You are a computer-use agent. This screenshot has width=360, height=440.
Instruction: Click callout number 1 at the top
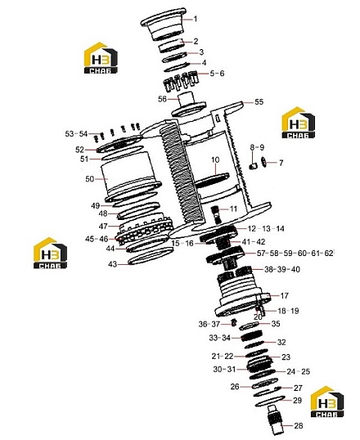click(196, 19)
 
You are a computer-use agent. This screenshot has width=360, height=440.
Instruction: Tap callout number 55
click(259, 102)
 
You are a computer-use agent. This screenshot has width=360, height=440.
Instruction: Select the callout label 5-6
click(218, 74)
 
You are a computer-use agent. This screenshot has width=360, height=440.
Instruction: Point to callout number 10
click(215, 160)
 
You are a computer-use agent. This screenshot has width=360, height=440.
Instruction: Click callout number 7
click(281, 163)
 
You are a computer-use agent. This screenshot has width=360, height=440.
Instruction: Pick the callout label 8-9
click(257, 147)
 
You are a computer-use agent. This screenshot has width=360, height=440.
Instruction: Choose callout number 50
click(90, 179)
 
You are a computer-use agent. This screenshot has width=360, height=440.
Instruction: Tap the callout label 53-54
click(76, 134)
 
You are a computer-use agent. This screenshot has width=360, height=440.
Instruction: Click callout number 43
click(113, 264)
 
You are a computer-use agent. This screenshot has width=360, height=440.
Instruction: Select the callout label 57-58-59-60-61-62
click(295, 253)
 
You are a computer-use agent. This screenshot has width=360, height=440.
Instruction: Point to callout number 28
click(298, 426)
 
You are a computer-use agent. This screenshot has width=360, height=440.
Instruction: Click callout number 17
click(284, 295)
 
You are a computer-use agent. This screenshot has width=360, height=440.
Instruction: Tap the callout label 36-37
click(209, 324)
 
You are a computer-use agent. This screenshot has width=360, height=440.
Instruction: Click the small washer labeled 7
click(263, 161)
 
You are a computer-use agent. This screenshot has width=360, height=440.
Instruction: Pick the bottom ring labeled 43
click(151, 257)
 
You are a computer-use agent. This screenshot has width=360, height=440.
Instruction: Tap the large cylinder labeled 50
click(132, 177)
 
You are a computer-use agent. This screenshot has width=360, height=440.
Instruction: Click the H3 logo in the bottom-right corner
click(327, 402)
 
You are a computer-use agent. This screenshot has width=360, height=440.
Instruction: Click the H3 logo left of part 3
click(101, 58)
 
